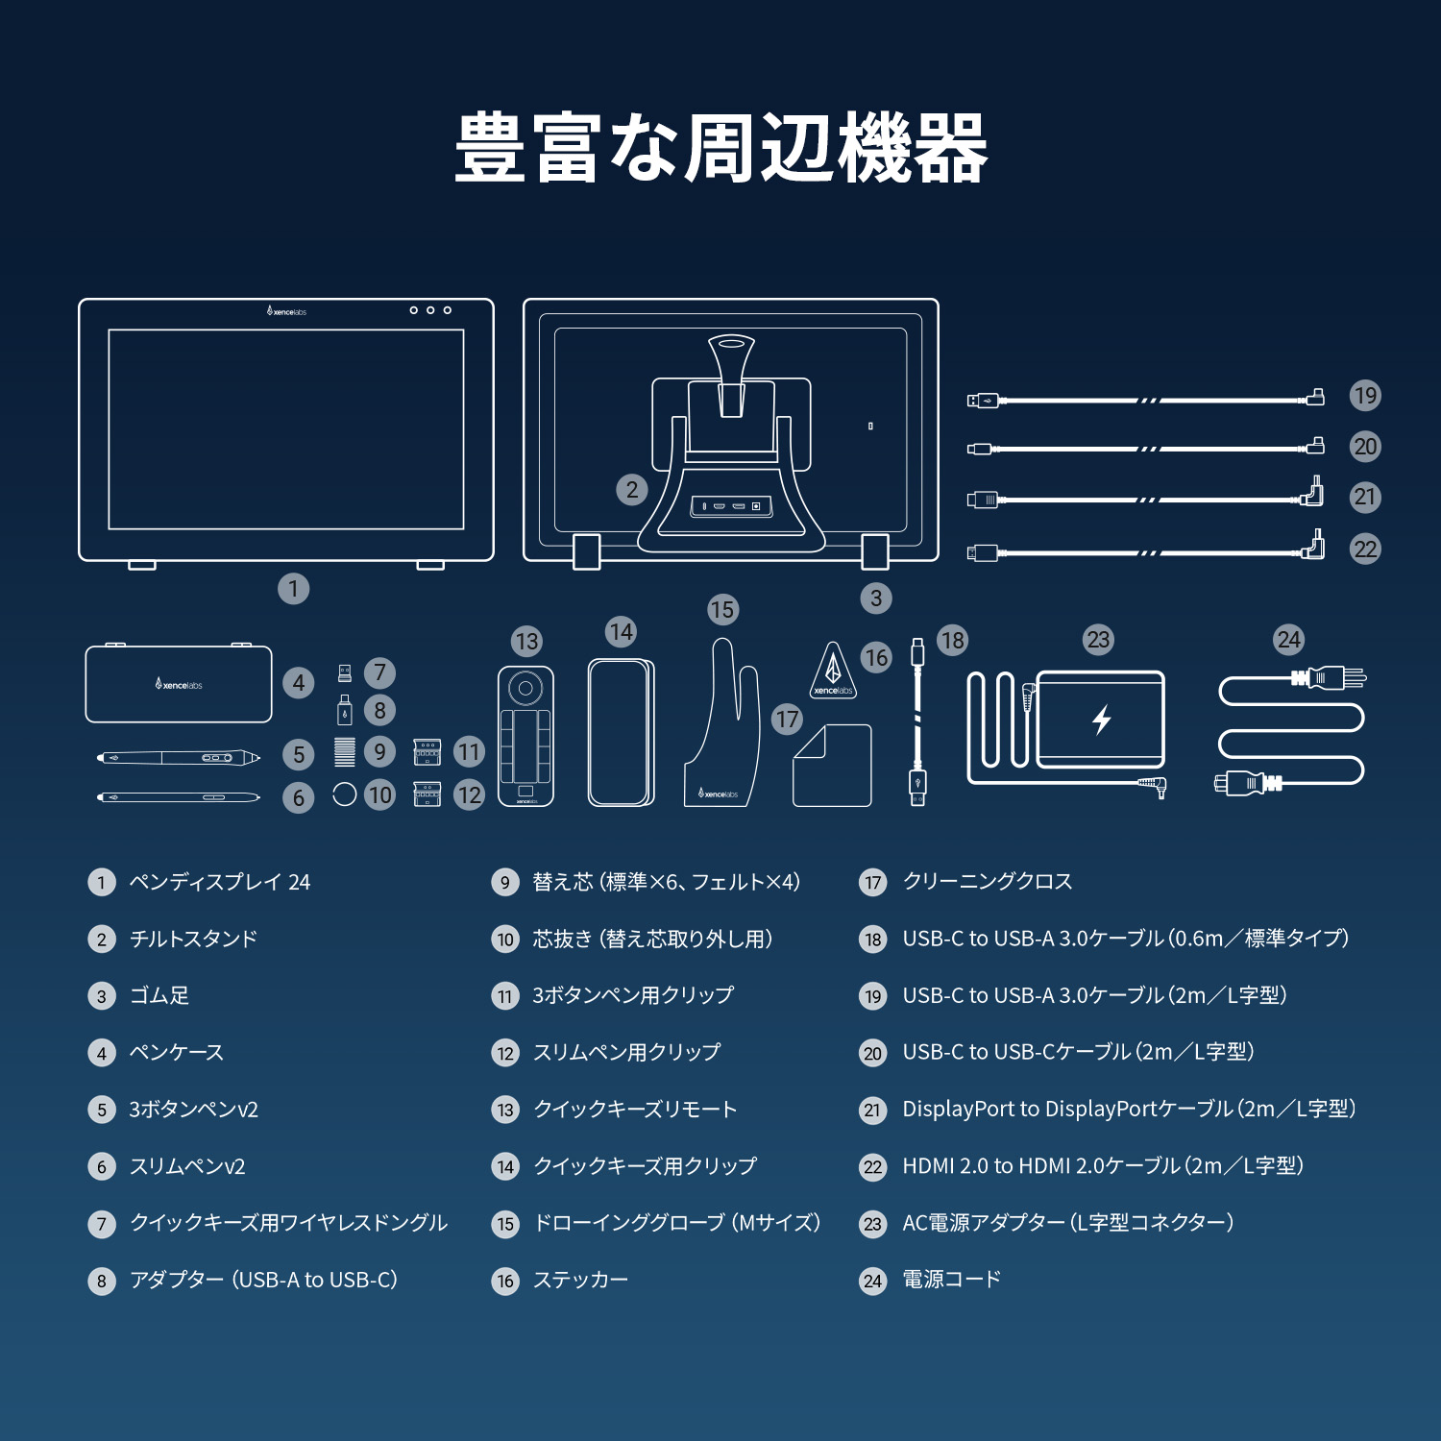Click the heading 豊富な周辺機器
click(x=720, y=148)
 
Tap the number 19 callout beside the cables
click(x=1364, y=396)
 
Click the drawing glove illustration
click(x=723, y=730)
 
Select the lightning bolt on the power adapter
click(x=1102, y=719)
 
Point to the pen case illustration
click(x=179, y=684)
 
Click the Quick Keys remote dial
click(x=525, y=688)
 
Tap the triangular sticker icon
click(x=833, y=671)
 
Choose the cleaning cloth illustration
click(x=832, y=767)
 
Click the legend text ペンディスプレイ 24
click(x=220, y=882)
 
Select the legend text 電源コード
click(x=952, y=1280)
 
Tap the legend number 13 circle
click(x=505, y=1111)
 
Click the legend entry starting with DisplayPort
click(x=1129, y=1110)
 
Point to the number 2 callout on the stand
click(x=631, y=490)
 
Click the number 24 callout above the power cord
click(x=1288, y=640)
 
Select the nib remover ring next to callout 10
click(x=344, y=794)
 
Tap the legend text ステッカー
click(x=580, y=1280)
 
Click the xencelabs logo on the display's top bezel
click(x=286, y=311)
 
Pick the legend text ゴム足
click(x=159, y=996)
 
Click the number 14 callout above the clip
click(x=621, y=632)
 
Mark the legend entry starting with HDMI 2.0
click(x=1103, y=1166)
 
